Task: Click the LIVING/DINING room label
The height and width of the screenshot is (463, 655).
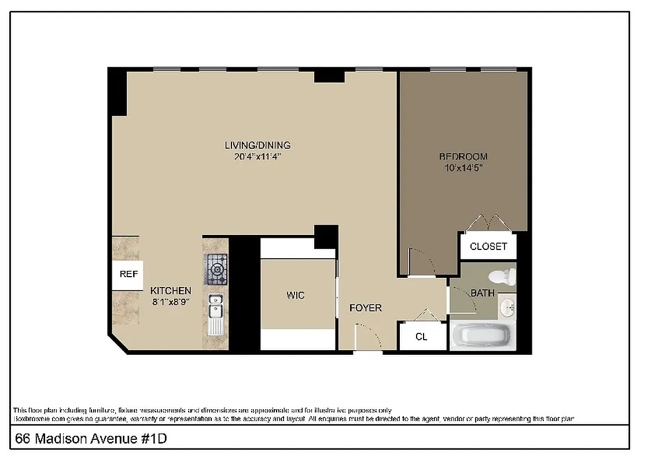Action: point(257,145)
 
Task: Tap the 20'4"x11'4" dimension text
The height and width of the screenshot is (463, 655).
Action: point(257,156)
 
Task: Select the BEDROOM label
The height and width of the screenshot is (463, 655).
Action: point(463,156)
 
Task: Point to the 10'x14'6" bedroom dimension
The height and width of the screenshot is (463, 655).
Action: point(463,168)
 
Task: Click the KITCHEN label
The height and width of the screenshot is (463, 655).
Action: point(171,291)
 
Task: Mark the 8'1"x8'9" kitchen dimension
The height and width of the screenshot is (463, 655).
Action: point(171,302)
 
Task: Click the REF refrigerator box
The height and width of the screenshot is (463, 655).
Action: point(128,274)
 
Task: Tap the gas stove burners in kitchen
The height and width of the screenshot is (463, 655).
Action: point(216,269)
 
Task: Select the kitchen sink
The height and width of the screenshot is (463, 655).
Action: point(216,307)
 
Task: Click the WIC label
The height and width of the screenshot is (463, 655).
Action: point(295,295)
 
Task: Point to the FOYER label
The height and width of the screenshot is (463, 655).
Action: point(366,308)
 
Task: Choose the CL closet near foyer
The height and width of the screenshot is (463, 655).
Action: point(422,336)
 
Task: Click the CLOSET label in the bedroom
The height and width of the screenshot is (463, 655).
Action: point(488,246)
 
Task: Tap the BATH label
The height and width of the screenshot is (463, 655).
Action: point(482,293)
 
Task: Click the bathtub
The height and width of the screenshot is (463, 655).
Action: point(482,336)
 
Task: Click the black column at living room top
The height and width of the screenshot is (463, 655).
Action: point(329,76)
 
